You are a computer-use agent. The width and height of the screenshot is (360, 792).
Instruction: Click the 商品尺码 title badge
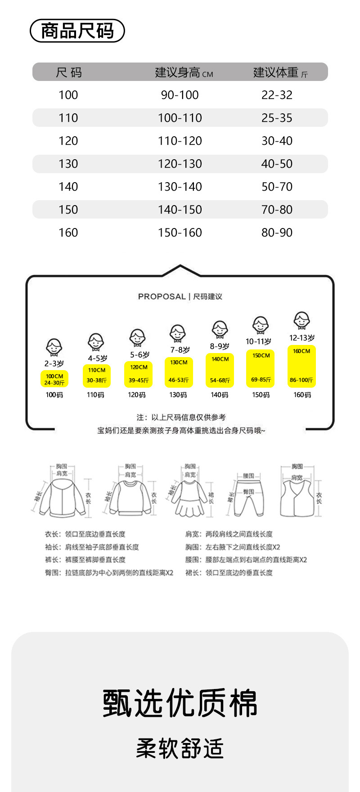77,31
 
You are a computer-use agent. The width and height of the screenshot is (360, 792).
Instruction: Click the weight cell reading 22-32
277,95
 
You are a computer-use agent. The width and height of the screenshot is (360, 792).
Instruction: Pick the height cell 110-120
180,141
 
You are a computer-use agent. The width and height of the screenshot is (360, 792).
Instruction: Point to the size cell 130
68,164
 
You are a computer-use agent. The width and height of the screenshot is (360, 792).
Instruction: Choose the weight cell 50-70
277,187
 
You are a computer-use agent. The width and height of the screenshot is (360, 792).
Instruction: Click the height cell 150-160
180,233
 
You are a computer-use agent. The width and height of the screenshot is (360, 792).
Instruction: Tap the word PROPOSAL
162,297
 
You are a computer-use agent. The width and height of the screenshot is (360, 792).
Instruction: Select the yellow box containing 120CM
138,374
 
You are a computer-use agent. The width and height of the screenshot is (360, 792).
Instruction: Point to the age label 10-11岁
258,342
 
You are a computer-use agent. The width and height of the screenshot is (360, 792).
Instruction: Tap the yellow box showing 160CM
301,366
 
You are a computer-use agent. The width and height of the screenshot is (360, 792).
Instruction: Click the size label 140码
219,395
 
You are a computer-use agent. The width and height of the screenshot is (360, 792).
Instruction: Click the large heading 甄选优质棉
180,703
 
